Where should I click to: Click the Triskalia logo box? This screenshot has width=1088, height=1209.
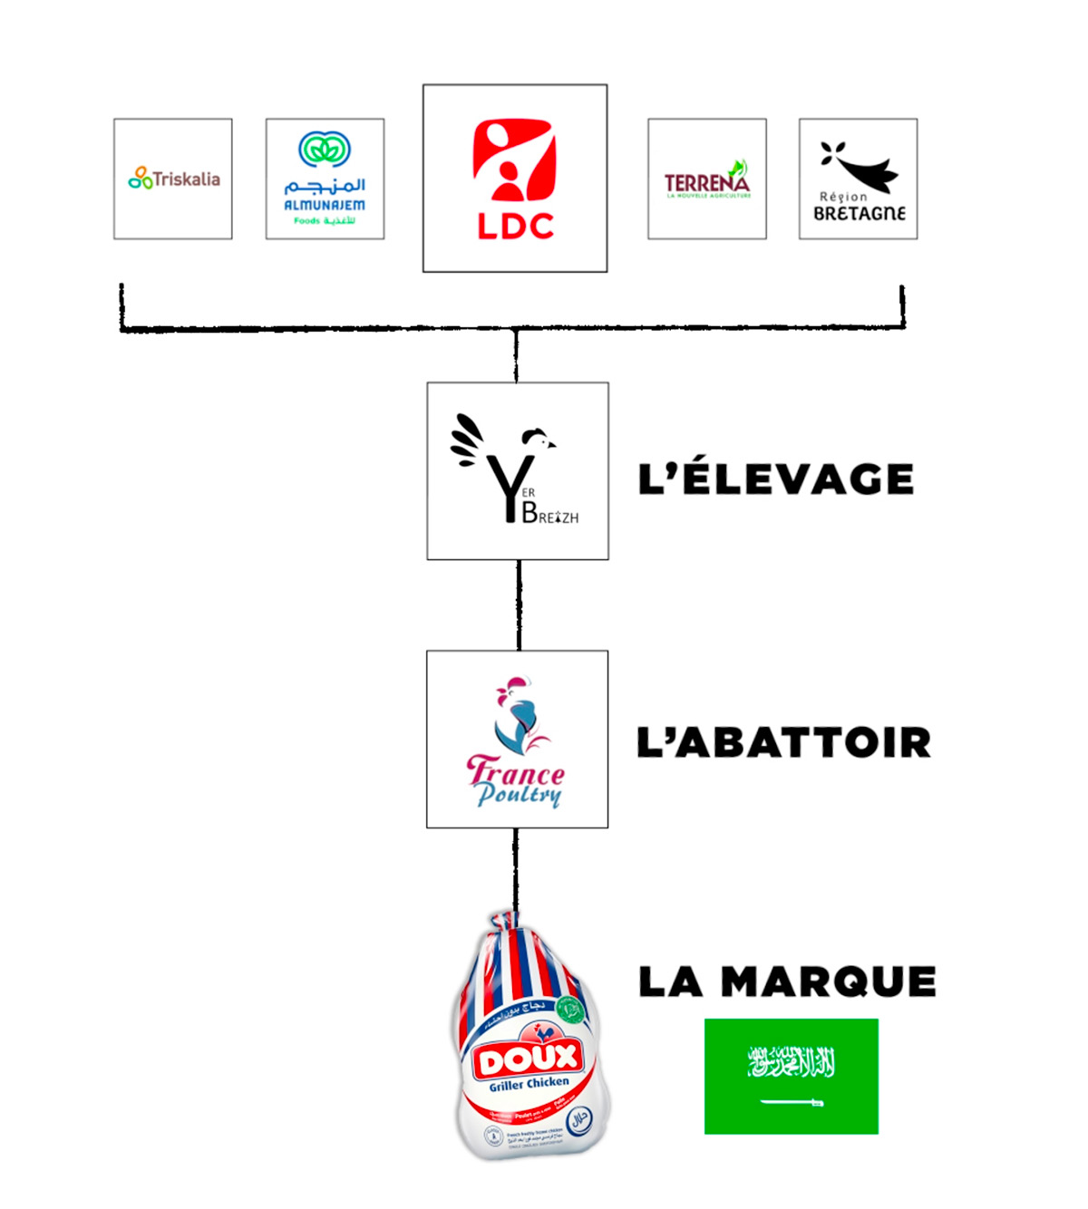[x=173, y=179]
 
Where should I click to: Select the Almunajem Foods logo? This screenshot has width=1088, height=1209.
[x=325, y=179]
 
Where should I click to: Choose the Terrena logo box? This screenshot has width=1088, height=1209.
[x=706, y=179]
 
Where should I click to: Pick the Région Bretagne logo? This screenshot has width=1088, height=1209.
[x=858, y=179]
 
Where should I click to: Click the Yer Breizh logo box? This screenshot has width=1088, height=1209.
[x=518, y=470]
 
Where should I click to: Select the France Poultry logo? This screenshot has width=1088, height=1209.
[x=517, y=739]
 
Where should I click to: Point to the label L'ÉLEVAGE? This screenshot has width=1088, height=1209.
[x=775, y=479]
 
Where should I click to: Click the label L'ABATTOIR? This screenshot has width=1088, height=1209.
[x=783, y=742]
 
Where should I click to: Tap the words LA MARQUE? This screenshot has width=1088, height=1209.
[x=787, y=982]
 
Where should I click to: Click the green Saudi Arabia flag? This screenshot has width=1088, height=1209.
[x=791, y=1076]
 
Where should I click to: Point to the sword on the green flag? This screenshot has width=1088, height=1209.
[x=791, y=1102]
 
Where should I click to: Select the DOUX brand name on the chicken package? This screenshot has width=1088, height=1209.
[x=529, y=1059]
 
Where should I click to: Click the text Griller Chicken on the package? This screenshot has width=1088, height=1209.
[x=529, y=1084]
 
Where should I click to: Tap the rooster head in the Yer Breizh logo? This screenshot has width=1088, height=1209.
[x=538, y=439]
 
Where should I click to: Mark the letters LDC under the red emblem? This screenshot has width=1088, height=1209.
[x=515, y=227]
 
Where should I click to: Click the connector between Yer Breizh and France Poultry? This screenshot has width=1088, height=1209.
[x=519, y=604]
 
